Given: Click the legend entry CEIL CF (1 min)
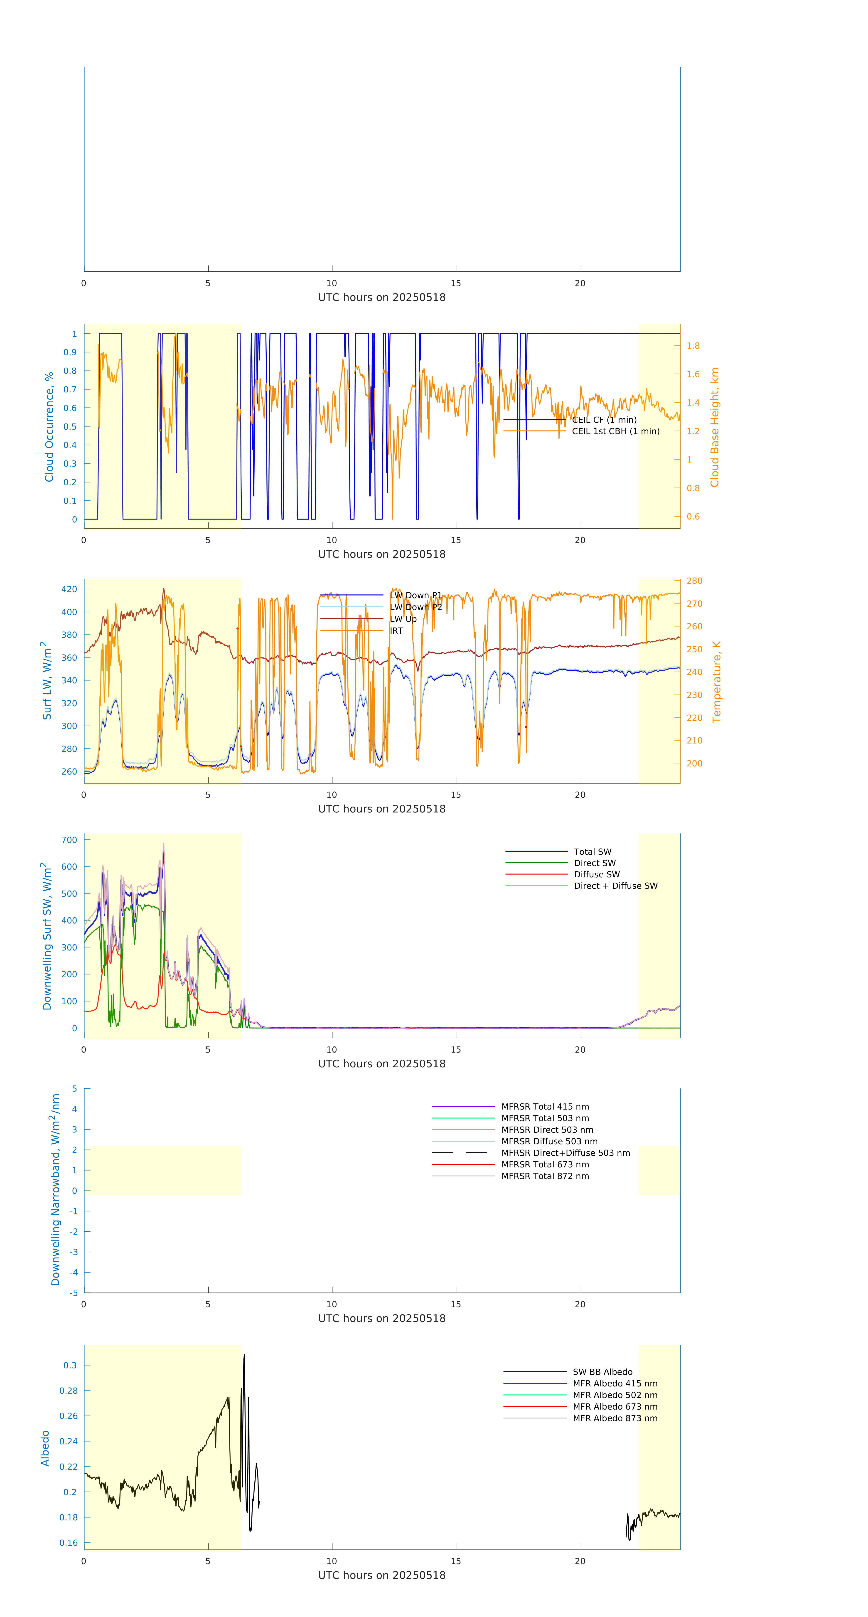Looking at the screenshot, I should [x=604, y=420].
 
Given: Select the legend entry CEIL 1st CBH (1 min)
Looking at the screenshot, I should [x=615, y=431].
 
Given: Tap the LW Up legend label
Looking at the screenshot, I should [x=403, y=619].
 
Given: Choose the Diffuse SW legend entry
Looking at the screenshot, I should [x=596, y=874].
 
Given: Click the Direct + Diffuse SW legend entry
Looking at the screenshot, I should [x=615, y=886].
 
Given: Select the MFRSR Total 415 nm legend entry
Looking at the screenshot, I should [x=545, y=1107].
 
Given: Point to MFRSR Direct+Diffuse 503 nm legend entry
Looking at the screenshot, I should [x=565, y=1153].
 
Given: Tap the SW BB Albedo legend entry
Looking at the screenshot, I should [x=602, y=1372].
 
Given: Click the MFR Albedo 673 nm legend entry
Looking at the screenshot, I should [x=615, y=1407].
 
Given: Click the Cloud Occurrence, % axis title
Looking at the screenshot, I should [x=49, y=427].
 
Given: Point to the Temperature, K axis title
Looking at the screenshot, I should [x=716, y=682].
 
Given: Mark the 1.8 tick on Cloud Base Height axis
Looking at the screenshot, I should [x=693, y=346].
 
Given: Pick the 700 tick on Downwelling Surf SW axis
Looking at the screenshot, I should [x=69, y=840].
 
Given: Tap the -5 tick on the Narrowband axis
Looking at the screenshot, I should [x=74, y=1293].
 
